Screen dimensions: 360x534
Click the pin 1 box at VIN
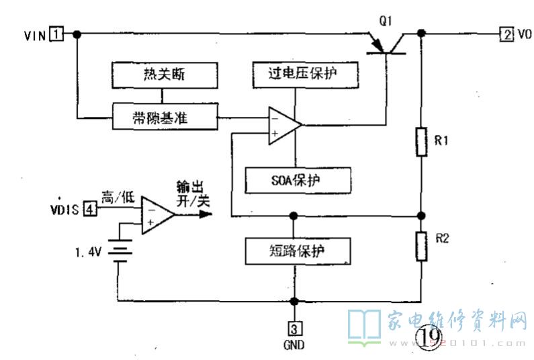[58, 34]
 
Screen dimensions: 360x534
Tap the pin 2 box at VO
[504, 34]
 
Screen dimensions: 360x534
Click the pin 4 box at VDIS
[89, 211]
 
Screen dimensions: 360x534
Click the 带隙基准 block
[164, 118]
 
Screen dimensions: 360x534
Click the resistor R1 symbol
[421, 142]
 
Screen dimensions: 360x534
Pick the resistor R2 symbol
[421, 246]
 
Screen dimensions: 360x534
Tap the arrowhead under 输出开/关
[204, 215]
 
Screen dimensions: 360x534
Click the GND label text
[294, 345]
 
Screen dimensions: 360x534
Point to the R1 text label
[441, 142]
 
